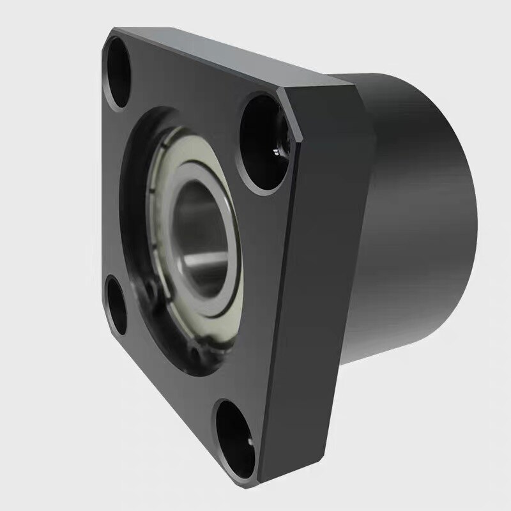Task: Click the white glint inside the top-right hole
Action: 275,151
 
